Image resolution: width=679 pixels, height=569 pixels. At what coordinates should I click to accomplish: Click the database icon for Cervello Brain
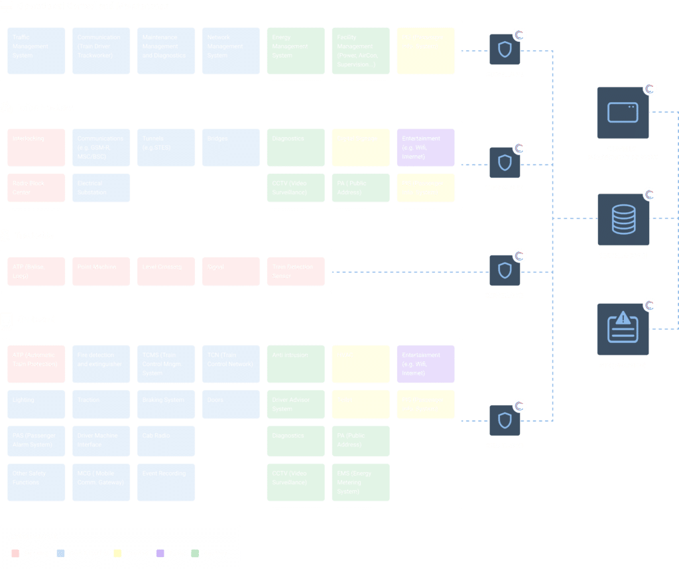(623, 220)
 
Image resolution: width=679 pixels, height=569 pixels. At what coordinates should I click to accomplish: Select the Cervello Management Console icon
(623, 113)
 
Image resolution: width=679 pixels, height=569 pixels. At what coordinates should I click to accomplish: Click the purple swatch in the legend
(160, 553)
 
